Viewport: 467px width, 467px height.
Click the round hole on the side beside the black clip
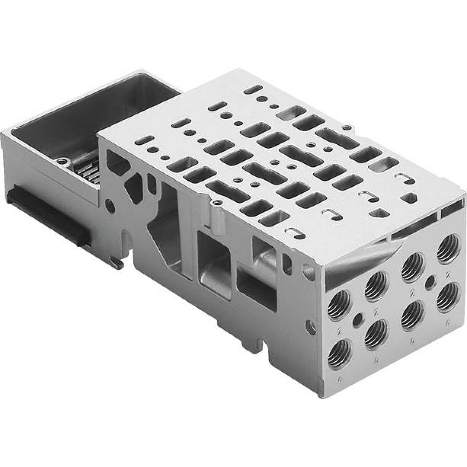click(109, 204)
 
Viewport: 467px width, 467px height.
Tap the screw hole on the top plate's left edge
click(218, 202)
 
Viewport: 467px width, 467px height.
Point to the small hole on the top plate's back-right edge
click(346, 127)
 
